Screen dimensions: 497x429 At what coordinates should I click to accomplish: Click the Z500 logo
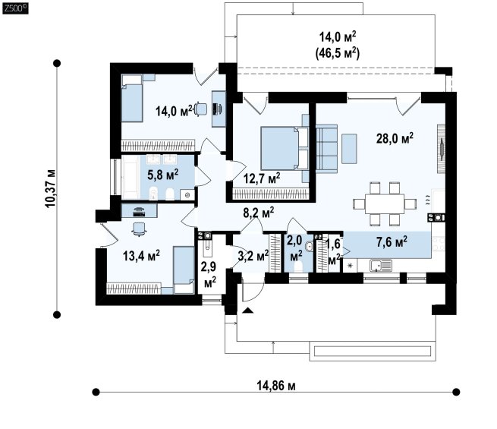coord(15,8)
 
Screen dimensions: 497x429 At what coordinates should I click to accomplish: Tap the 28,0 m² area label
coord(395,138)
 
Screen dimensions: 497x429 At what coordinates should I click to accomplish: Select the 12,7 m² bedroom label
coord(262,178)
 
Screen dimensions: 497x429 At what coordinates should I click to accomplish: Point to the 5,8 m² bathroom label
coord(162,175)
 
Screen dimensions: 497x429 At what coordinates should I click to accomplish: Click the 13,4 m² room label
coord(141,256)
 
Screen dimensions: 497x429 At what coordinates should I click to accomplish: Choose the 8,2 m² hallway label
coord(259,213)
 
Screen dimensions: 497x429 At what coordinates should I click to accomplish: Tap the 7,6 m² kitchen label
coord(392,242)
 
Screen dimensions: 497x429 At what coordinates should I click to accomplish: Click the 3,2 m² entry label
coord(253,255)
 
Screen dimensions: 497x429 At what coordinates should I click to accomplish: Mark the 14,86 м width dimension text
coord(275,386)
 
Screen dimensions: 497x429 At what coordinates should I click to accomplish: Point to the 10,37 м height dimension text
coord(50,188)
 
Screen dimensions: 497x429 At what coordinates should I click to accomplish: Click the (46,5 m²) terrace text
coord(337,53)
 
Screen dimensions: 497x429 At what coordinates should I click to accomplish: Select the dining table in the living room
coord(385,204)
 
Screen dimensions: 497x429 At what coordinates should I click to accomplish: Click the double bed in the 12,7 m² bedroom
coord(285,148)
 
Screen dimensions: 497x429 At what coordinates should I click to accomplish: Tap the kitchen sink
coord(380,266)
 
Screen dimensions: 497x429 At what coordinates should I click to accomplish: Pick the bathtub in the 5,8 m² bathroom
coord(131,178)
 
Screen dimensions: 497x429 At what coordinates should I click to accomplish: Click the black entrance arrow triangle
coord(248,311)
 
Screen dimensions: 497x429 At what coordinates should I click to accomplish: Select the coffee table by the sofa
coord(349,149)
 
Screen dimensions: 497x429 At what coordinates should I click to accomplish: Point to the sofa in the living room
coord(326,149)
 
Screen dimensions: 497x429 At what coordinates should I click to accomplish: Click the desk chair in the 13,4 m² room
coord(139,229)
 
